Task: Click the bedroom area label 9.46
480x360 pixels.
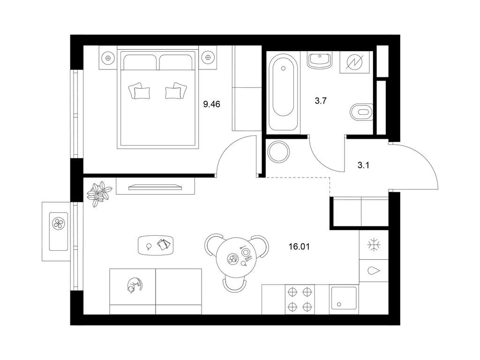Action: pos(211,105)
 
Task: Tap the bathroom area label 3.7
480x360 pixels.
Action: pos(321,100)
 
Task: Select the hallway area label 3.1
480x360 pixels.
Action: pos(363,165)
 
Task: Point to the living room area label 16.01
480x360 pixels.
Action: pos(299,247)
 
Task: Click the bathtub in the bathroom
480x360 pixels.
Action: pos(283,92)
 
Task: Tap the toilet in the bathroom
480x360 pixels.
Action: pos(361,112)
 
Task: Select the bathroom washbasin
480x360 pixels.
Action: pos(320,60)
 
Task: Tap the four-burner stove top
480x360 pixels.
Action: pos(300,300)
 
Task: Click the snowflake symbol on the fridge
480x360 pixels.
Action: pos(374,245)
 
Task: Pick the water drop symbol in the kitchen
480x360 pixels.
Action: pos(374,270)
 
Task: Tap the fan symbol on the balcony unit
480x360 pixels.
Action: pos(58,223)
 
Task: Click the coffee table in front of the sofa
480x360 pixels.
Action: pos(156,246)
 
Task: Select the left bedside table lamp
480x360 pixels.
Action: pos(107,57)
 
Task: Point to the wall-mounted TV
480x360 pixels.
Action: pos(155,187)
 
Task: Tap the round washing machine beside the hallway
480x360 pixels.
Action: pos(278,152)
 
